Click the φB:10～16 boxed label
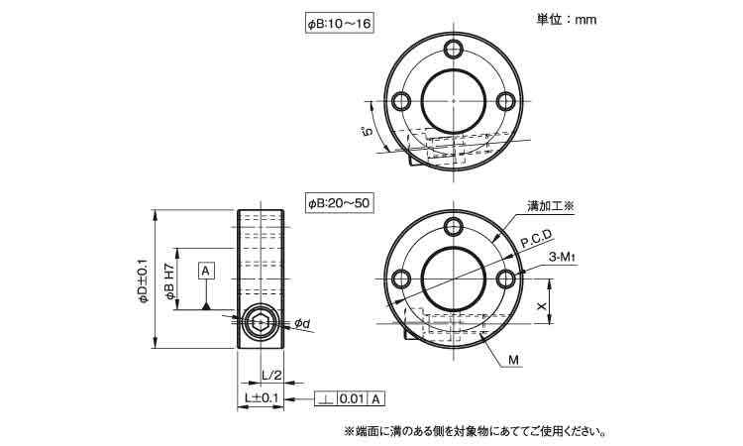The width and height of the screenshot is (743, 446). [x=339, y=24]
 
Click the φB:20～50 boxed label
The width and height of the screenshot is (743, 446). [x=339, y=203]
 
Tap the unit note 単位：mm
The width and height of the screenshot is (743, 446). [x=567, y=20]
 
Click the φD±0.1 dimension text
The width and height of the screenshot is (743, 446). [x=144, y=280]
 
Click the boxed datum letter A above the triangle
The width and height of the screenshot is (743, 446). [x=205, y=271]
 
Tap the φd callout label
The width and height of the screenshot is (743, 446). [x=302, y=323]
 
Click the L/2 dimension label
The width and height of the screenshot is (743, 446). [x=271, y=376]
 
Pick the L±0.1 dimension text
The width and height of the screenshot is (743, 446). [x=262, y=398]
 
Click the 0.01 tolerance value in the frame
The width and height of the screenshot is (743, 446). [x=352, y=399]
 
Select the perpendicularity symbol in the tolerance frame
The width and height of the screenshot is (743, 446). [x=326, y=399]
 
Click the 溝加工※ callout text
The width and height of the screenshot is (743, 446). [x=550, y=207]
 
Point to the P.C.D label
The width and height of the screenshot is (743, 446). [x=536, y=239]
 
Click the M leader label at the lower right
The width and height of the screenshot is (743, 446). [x=513, y=360]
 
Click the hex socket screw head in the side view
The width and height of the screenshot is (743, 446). [x=259, y=323]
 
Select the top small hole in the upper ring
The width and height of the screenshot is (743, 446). [x=454, y=49]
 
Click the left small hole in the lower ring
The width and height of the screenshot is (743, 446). [x=402, y=279]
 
